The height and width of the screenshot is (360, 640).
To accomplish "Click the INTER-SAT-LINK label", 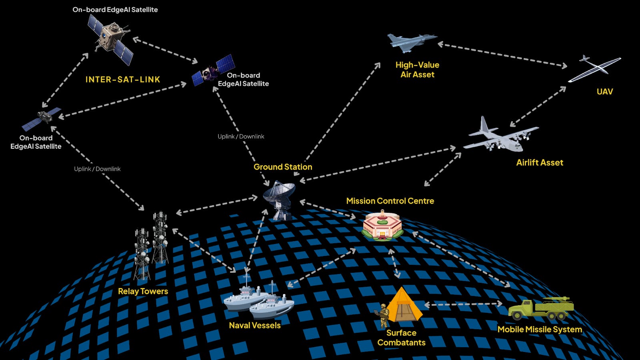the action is click(x=123, y=80).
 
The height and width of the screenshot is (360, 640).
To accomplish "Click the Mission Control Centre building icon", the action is click(x=382, y=226).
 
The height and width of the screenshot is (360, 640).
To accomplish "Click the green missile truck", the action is click(x=541, y=308).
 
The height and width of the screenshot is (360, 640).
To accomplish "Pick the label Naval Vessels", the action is click(x=255, y=326).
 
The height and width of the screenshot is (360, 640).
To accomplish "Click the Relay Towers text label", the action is click(x=143, y=292).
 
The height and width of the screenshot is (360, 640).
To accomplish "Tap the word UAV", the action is click(x=604, y=92).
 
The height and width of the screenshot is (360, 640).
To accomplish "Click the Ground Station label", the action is click(x=283, y=167).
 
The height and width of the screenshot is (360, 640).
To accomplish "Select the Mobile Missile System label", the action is click(x=540, y=330).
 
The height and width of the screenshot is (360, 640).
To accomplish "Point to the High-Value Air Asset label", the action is click(x=417, y=70).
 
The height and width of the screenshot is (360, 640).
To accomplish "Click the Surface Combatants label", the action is click(x=401, y=338).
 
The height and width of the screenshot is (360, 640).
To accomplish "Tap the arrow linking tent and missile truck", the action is click(x=463, y=304).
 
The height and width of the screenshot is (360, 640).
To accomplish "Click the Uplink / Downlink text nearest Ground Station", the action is click(x=241, y=136).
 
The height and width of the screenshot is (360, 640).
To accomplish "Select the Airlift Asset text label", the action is click(x=540, y=163).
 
